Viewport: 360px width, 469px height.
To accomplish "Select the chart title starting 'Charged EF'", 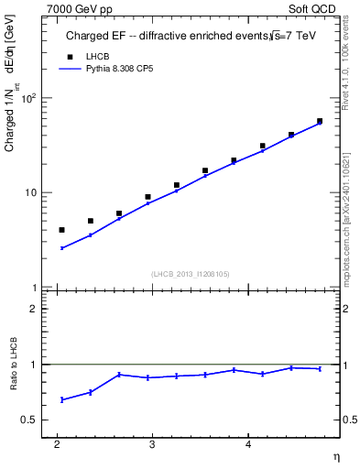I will (x=183, y=37).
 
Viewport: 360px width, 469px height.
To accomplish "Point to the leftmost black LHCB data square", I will (x=61, y=230).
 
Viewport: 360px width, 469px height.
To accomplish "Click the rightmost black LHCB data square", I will (x=320, y=121).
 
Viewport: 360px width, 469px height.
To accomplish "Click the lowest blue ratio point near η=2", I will (x=61, y=399).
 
